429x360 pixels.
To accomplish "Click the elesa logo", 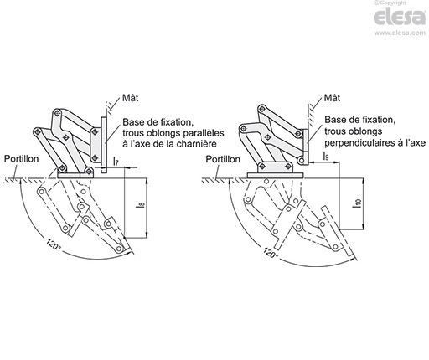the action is click(400, 17).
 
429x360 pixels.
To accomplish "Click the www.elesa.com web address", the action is click(400, 33).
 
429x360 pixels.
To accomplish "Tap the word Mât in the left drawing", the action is click(131, 98).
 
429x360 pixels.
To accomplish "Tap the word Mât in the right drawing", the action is click(332, 98).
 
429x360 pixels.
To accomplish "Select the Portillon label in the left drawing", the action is click(21, 159).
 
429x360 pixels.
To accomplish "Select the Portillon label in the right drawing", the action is click(223, 159).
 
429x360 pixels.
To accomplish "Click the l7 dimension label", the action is click(116, 161).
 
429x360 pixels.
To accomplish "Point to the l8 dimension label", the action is click(142, 206).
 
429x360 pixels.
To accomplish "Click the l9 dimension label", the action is click(326, 156).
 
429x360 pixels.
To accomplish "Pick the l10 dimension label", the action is click(358, 203).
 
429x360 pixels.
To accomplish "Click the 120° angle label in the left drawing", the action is click(54, 244).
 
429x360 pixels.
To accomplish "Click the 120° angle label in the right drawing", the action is click(271, 253).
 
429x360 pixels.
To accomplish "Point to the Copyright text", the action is click(390, 3).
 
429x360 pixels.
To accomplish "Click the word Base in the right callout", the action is click(334, 120).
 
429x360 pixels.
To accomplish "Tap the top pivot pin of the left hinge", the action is click(57, 113).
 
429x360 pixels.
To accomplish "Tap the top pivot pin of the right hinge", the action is click(261, 109).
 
